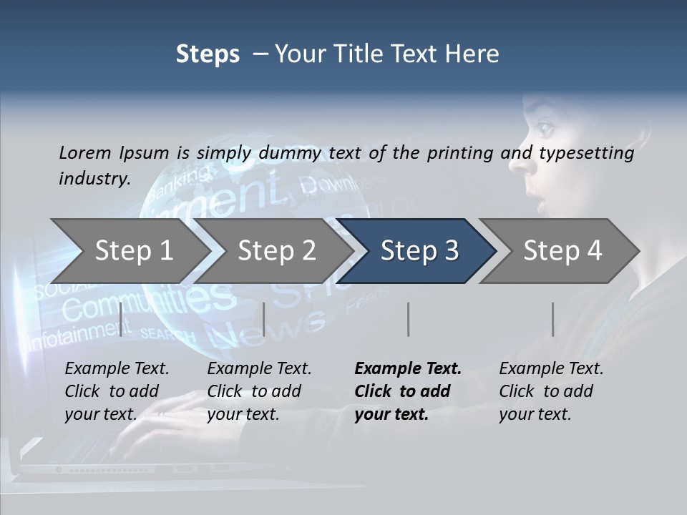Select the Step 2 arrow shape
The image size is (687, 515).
point(276,251)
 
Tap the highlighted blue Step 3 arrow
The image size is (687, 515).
point(419,251)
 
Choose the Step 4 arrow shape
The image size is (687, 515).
point(562,251)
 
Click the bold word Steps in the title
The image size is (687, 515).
point(208,54)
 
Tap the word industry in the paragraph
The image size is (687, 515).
point(94,179)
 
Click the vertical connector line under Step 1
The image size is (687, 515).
point(121,319)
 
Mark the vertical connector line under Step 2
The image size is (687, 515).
point(264,319)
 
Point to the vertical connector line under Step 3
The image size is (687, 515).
point(408,319)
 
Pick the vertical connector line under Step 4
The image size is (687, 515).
point(552,319)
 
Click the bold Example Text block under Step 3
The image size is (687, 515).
point(408,391)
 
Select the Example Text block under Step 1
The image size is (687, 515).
point(117,391)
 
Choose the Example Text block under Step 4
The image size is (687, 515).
point(551,391)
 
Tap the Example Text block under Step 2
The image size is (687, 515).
point(259,391)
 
